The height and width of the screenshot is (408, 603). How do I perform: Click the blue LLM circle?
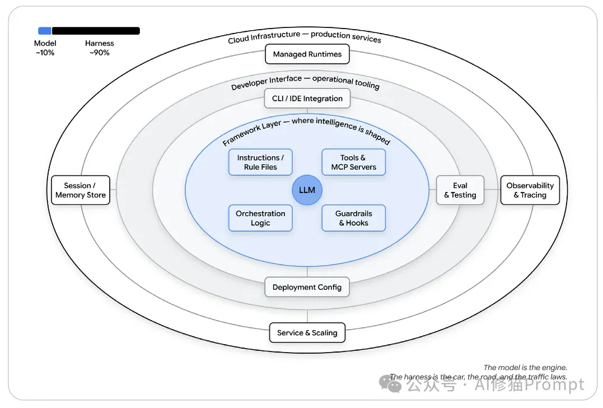pos(307,190)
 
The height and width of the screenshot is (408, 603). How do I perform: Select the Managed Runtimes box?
pos(307,54)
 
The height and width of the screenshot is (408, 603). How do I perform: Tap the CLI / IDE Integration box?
pos(307,99)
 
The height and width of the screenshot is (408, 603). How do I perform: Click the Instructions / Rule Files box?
pos(260,162)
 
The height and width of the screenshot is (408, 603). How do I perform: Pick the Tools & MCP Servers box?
pos(353,162)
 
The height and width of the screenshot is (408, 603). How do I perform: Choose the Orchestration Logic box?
pos(260,218)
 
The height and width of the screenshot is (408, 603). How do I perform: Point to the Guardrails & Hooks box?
pos(353,218)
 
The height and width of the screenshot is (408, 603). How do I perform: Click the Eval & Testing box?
pos(460,190)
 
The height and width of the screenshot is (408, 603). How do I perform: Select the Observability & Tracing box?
pos(530,190)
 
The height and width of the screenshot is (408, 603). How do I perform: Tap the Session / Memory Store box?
pos(81,190)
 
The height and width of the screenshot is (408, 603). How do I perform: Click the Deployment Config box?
pos(307,287)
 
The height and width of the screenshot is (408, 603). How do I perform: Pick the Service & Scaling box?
pos(307,332)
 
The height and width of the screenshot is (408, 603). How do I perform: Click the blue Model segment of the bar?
pos(45,31)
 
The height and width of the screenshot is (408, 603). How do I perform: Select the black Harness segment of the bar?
pos(96,31)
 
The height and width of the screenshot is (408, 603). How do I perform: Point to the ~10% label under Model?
pos(45,53)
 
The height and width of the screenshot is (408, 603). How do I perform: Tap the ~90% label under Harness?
pos(100,53)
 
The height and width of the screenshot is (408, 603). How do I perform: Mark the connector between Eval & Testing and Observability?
pos(492,189)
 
